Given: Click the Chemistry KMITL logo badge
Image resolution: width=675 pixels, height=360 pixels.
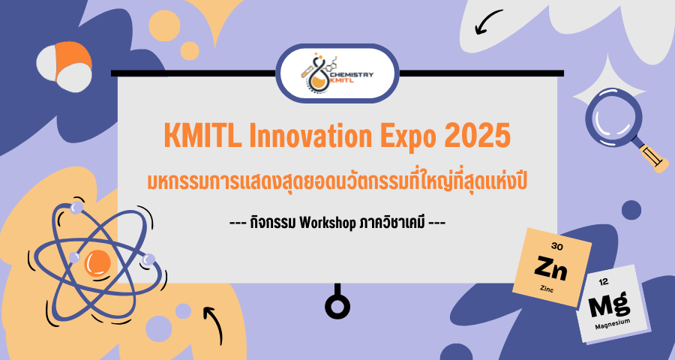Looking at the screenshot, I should point(337,73).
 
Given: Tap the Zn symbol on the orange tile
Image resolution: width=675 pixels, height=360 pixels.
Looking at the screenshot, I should point(550,267).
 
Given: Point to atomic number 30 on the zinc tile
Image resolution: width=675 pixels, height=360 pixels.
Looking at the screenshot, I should point(556,246).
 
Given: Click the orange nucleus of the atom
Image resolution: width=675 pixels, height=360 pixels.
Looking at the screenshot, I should point(98,262).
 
